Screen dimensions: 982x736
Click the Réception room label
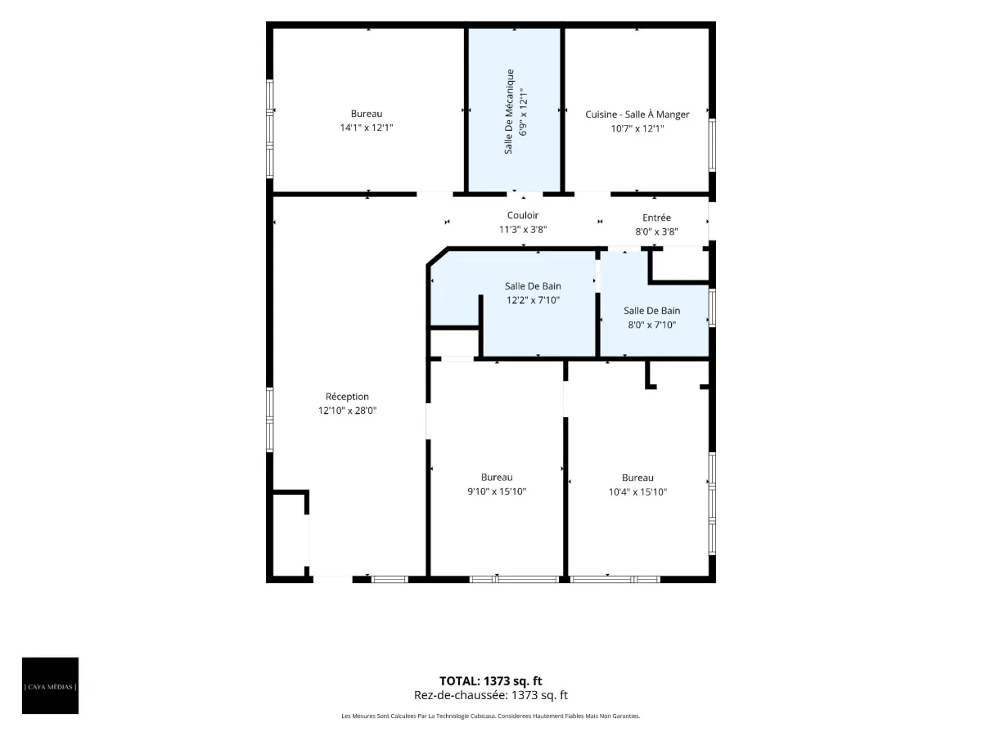coord(347,397)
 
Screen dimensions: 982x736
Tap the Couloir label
coord(523,215)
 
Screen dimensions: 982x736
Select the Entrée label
coord(656,218)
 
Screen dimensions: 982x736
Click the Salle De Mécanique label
coord(509,112)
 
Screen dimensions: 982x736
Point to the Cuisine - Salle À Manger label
coord(637,114)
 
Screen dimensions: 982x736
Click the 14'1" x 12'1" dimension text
coord(367,128)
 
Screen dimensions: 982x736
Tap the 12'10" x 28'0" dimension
coord(347,411)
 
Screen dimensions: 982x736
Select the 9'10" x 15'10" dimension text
coord(497,491)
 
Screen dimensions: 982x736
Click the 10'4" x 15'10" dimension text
coord(637,492)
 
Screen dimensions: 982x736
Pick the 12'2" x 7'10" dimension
coord(533,300)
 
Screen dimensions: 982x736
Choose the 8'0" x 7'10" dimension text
coord(652,325)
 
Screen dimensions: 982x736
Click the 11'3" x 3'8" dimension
coord(523,230)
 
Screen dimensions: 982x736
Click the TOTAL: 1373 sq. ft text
coord(490,681)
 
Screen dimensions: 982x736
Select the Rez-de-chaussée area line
coord(490,695)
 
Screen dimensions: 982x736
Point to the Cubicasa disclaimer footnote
coord(490,716)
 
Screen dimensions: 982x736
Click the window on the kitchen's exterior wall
coord(712,145)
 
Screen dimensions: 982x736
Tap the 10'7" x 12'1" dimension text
coord(637,128)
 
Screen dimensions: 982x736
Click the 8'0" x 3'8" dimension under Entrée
coord(656,231)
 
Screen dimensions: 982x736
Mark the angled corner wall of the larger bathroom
coord(437,257)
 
